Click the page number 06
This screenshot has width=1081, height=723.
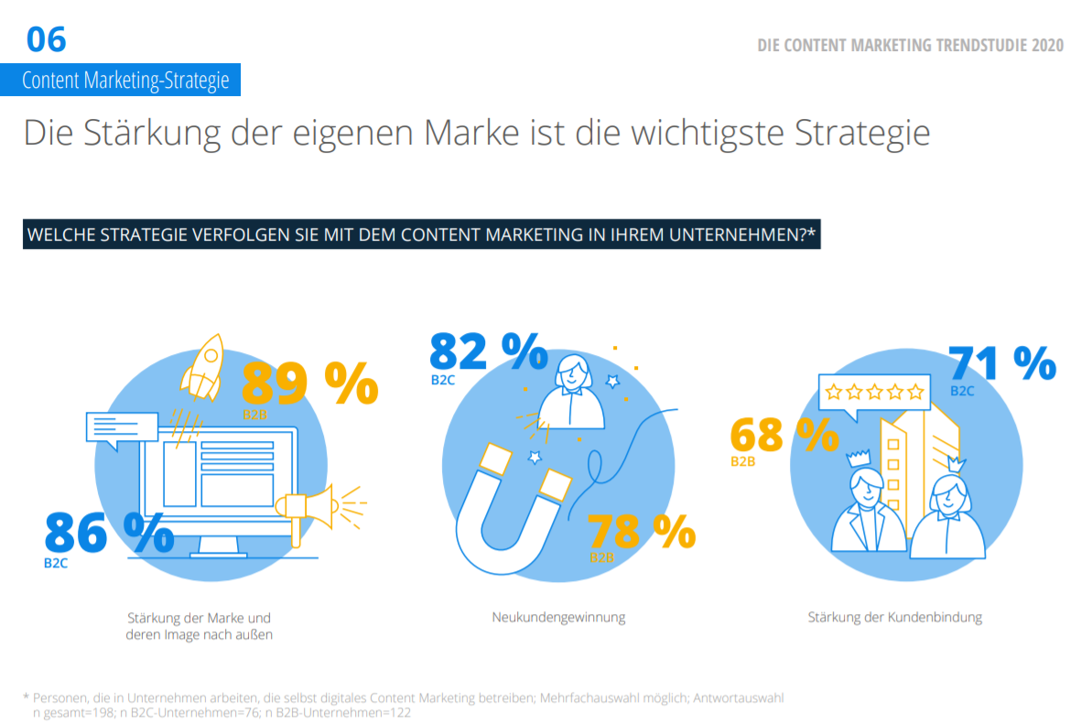pyautogui.click(x=46, y=39)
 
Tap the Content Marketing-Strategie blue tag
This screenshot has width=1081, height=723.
pyautogui.click(x=125, y=81)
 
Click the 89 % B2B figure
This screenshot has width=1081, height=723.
pyautogui.click(x=309, y=383)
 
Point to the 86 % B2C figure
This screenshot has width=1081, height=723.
pyautogui.click(x=109, y=534)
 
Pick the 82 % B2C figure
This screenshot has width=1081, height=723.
pyautogui.click(x=488, y=351)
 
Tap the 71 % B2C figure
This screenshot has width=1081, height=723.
pyautogui.click(x=1001, y=363)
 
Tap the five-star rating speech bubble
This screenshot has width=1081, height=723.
pyautogui.click(x=874, y=394)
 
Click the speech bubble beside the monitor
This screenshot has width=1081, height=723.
pyautogui.click(x=119, y=428)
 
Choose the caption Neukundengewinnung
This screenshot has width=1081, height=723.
pyautogui.click(x=558, y=617)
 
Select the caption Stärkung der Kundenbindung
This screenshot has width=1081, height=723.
pyautogui.click(x=894, y=617)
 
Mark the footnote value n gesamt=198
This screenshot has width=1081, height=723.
pyautogui.click(x=74, y=712)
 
